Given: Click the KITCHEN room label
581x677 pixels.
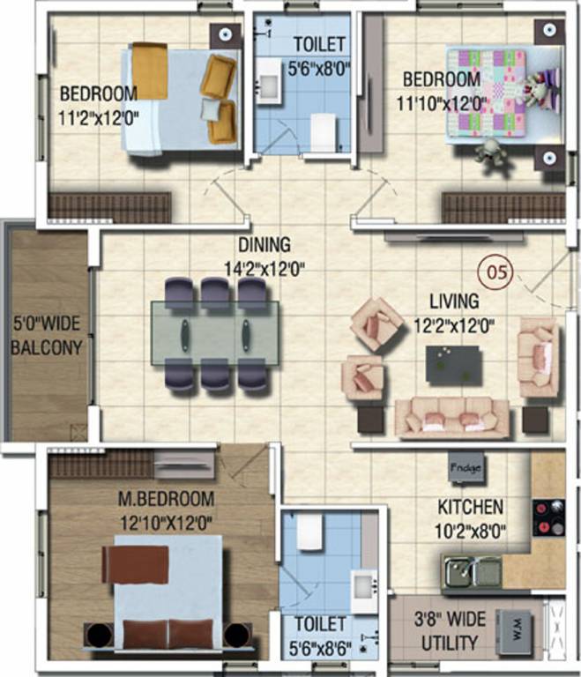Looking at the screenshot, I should click(471, 508).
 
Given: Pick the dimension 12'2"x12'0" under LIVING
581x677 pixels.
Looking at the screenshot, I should click(454, 324).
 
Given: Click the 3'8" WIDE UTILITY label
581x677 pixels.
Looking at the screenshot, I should click(449, 632).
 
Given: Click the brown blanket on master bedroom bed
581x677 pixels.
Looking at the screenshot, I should click(135, 564).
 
